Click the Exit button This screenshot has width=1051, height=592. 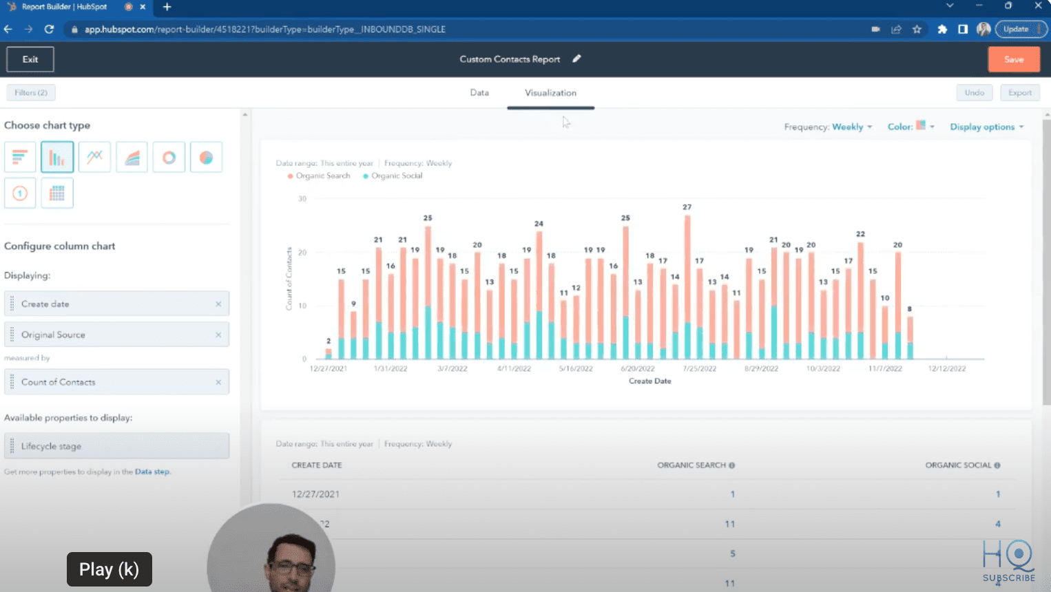pyautogui.click(x=30, y=59)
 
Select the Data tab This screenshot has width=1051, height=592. pyautogui.click(x=479, y=93)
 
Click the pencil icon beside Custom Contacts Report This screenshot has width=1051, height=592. pyautogui.click(x=577, y=59)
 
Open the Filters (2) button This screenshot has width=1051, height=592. pyautogui.click(x=31, y=92)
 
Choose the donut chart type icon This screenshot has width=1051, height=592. pyautogui.click(x=169, y=158)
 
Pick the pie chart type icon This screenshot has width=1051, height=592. pyautogui.click(x=206, y=158)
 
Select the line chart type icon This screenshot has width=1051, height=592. pyautogui.click(x=94, y=158)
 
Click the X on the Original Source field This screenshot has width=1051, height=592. pyautogui.click(x=218, y=335)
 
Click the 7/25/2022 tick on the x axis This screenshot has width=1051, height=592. pyautogui.click(x=699, y=368)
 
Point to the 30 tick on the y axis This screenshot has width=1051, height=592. pyautogui.click(x=302, y=199)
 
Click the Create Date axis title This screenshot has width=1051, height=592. pyautogui.click(x=649, y=381)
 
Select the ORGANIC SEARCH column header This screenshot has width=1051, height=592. pyautogui.click(x=691, y=465)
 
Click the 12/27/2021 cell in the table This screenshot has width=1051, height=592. pyautogui.click(x=315, y=494)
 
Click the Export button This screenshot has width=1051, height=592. pyautogui.click(x=1019, y=93)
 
